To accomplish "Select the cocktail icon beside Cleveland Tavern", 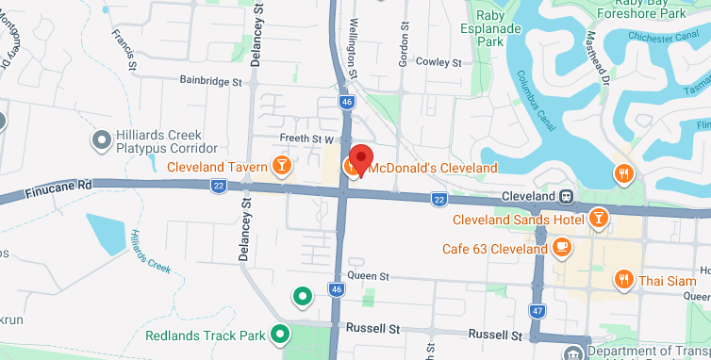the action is point(280,168).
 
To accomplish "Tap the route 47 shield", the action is point(537,310).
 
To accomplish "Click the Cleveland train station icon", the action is point(565,197).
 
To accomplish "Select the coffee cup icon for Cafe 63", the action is point(562,248).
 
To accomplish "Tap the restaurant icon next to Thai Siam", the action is point(622,279).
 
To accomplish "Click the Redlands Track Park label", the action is point(207,335).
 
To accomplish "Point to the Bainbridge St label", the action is point(210,82).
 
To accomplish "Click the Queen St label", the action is point(368,276).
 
